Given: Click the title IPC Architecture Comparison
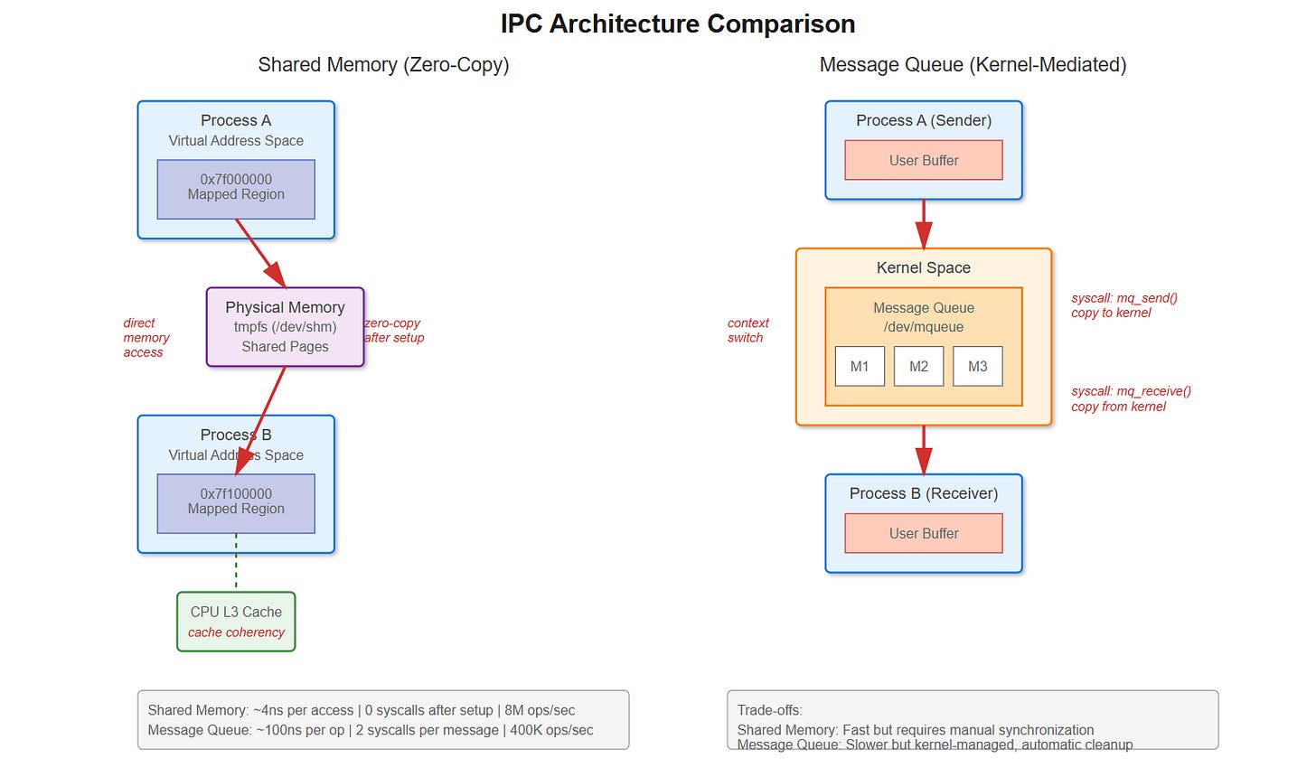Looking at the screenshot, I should point(678,23).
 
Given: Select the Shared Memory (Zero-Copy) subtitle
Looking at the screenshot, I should point(383,65).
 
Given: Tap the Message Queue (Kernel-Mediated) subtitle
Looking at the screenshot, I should point(973,65).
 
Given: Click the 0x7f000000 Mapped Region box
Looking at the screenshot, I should point(236,188).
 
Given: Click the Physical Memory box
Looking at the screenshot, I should point(285,326).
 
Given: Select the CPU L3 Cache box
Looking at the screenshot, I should point(236,622).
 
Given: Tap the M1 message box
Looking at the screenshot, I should point(860,366).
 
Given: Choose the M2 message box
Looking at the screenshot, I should point(918,366).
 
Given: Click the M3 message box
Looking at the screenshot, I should point(977,366).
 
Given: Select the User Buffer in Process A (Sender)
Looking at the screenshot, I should point(924,160).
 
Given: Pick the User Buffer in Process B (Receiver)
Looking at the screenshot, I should point(924,533).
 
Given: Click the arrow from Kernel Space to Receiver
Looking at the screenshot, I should point(924,449).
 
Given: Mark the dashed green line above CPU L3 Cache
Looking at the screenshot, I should point(236,562).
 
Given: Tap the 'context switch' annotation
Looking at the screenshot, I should point(747,331).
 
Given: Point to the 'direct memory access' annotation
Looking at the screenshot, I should point(146,338).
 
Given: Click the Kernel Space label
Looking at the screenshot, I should point(924,267).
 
